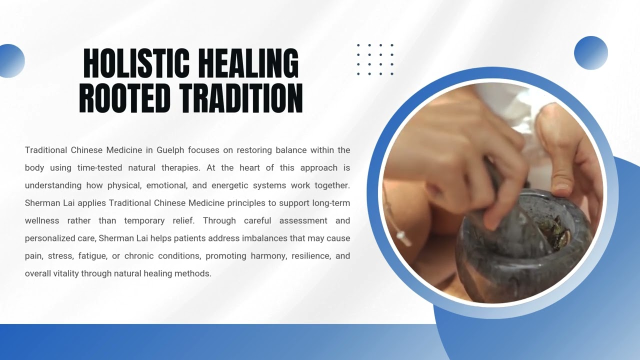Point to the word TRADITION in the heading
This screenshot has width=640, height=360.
click(240, 98)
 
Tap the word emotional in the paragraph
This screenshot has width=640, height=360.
click(165, 185)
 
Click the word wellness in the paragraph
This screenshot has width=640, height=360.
click(42, 220)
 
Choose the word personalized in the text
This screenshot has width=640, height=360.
click(47, 238)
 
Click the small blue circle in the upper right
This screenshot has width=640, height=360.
click(590, 52)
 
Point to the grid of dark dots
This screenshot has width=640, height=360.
click(375, 59)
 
